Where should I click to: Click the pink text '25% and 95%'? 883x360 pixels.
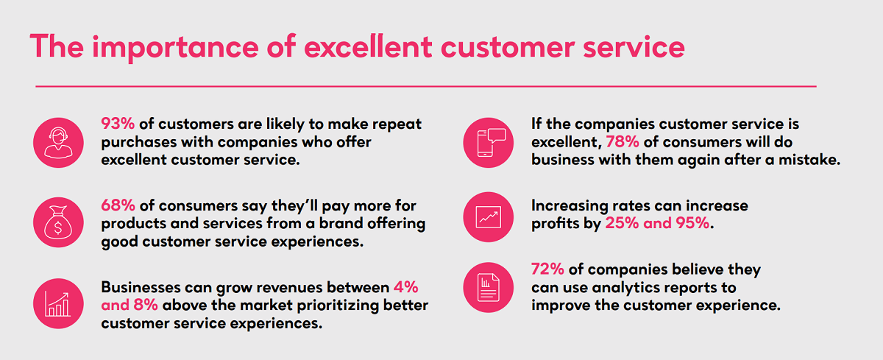point(658,224)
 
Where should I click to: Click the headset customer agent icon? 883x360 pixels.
point(56,141)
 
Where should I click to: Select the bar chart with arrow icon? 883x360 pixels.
point(56,303)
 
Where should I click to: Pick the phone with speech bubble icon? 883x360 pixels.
point(489,142)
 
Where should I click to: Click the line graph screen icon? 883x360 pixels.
point(489,215)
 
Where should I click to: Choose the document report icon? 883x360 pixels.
point(489,286)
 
